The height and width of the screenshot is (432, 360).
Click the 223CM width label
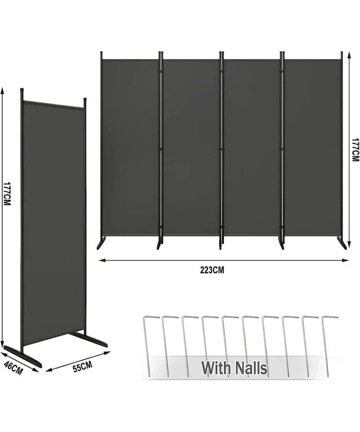tap(212, 270)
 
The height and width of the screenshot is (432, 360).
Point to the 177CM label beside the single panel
tap(7, 194)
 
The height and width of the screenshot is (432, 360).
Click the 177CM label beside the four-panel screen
tap(355, 150)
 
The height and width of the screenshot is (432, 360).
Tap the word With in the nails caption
tap(217, 368)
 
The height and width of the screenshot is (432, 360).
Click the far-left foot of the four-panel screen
tap(100, 243)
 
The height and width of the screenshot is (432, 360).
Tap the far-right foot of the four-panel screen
tap(343, 242)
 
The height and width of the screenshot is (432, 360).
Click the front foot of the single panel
tap(23, 356)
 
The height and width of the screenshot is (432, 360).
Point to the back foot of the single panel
tap(88, 339)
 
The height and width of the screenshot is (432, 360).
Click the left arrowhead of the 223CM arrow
tap(102, 260)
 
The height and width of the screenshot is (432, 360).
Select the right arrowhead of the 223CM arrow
tap(345, 260)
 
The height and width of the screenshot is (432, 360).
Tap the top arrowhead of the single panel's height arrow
tap(2, 92)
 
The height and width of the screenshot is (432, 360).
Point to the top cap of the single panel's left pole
tap(22, 90)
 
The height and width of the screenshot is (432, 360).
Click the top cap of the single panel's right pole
tap(85, 99)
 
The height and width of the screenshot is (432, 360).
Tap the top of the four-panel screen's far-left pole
tap(101, 53)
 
